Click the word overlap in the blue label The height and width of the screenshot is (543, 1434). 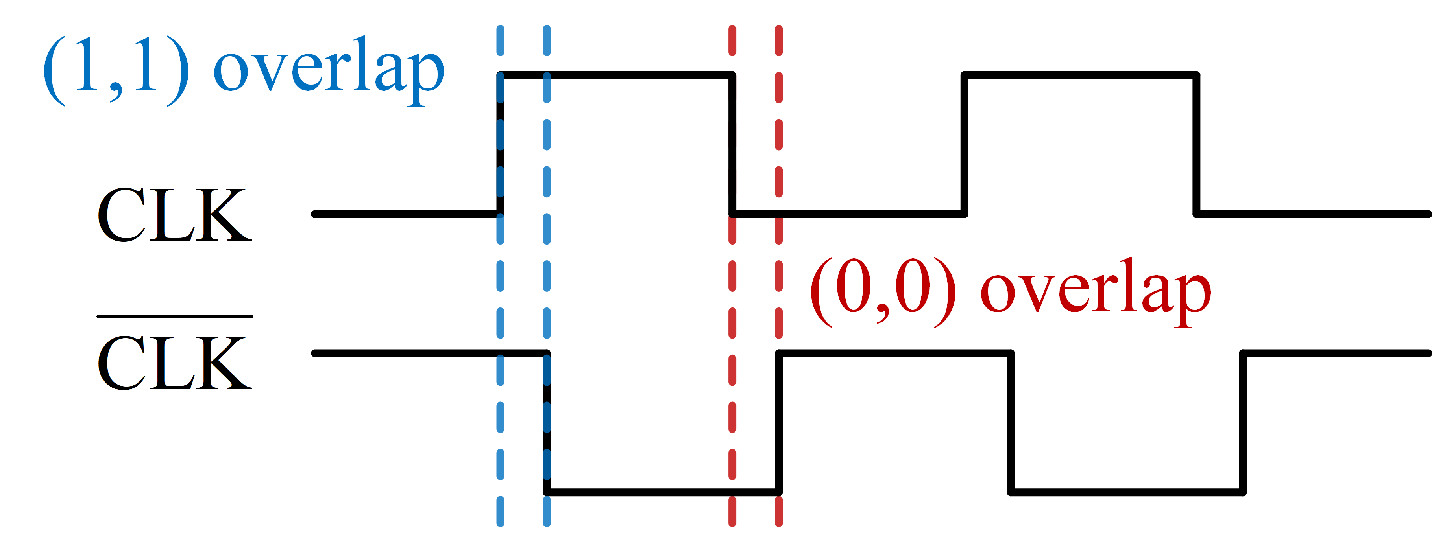tap(329, 70)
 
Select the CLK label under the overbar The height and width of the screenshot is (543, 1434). tap(174, 363)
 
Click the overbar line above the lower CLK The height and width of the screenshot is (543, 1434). tap(174, 316)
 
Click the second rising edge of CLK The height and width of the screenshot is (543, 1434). tap(965, 145)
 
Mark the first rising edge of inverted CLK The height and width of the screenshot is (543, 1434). tap(779, 423)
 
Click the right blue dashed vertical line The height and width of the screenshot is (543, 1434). tap(547, 278)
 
